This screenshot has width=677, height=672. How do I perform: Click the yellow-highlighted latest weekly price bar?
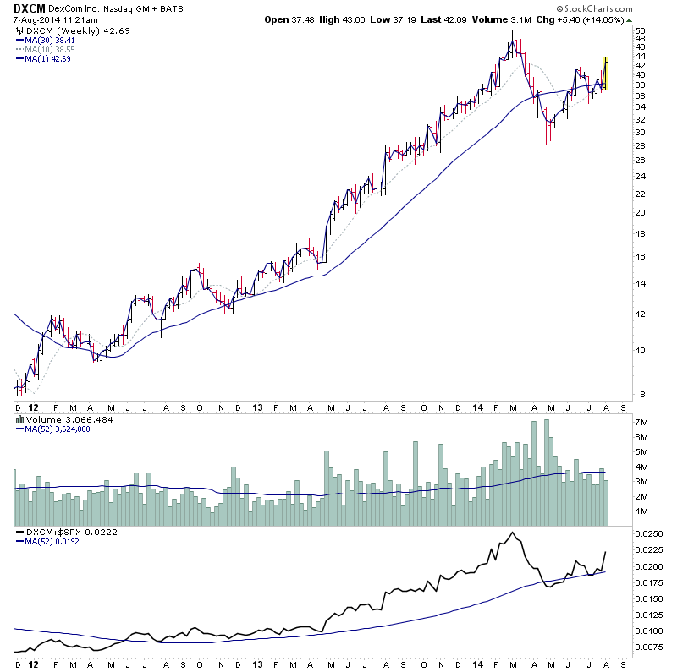[x=605, y=74]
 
